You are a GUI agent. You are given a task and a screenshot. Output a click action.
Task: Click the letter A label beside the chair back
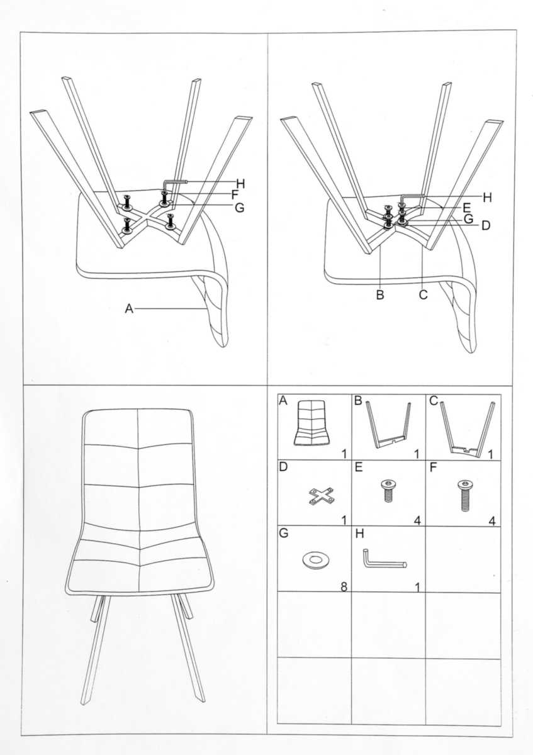click(129, 308)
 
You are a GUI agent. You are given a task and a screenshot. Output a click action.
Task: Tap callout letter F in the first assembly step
click(235, 195)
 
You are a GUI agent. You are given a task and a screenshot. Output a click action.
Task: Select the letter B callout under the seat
click(380, 294)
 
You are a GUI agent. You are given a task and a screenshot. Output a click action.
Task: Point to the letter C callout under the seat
click(423, 294)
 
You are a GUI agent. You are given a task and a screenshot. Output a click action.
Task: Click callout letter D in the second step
click(486, 225)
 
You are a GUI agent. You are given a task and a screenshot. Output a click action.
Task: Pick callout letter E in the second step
click(467, 208)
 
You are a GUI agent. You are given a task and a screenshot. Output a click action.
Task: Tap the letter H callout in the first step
click(240, 184)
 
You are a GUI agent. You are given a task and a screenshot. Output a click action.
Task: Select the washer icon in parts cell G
click(315, 561)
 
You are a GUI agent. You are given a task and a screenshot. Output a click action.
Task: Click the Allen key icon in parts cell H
click(384, 559)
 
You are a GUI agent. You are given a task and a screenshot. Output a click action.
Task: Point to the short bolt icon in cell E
click(388, 492)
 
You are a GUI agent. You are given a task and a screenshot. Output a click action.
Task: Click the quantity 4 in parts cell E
click(417, 521)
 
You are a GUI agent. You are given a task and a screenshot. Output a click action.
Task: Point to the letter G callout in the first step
click(239, 208)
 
